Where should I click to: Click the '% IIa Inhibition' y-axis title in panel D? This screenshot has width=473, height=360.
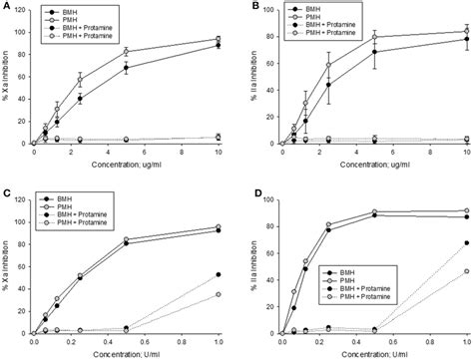(x=250, y=263)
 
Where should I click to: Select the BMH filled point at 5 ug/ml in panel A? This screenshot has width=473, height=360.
(x=126, y=68)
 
